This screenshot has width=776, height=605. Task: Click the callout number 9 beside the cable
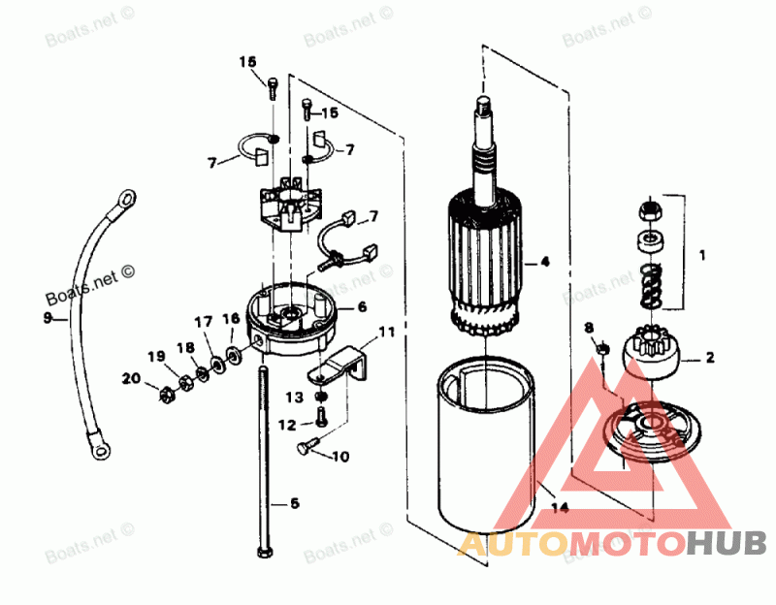tap(47, 317)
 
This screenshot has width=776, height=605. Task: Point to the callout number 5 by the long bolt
tap(295, 503)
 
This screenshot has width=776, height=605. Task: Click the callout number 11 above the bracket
tap(387, 333)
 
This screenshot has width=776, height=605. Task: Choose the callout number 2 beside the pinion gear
tap(710, 358)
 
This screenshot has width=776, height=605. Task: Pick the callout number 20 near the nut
tap(131, 378)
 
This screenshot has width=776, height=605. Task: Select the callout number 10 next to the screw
tap(340, 457)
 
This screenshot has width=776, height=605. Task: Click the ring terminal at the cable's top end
tap(124, 200)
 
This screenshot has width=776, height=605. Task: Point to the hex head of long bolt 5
tap(264, 552)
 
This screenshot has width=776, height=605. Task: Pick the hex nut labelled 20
tap(165, 393)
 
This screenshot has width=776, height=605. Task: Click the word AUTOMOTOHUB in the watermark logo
tap(611, 545)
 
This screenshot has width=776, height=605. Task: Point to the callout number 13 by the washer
tap(294, 397)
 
